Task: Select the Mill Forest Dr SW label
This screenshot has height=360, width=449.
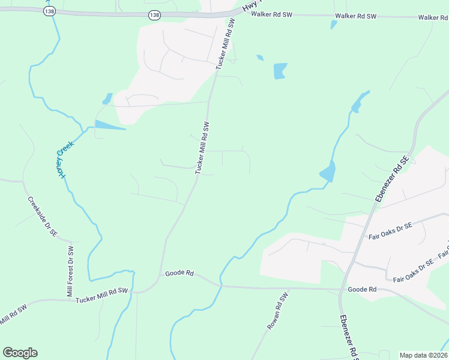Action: point(70,272)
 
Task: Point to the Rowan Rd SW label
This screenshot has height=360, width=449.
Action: point(278,309)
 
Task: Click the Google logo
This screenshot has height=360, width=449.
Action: point(20,353)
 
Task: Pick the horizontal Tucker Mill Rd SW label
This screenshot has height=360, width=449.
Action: point(102,295)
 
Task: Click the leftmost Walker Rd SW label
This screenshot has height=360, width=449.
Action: point(272,14)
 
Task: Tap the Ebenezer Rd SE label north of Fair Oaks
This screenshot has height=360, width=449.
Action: point(391,179)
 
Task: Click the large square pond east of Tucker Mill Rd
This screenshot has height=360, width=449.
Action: point(280,71)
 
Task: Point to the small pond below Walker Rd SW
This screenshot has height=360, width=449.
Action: point(333,25)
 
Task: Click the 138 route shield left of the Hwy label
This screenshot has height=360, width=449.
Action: point(155,16)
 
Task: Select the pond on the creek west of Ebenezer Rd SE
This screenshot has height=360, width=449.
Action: point(328,172)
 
